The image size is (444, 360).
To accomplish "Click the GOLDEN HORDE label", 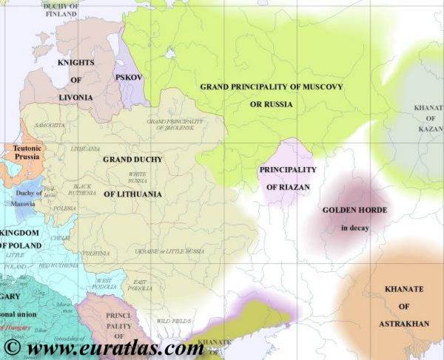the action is click(x=355, y=210).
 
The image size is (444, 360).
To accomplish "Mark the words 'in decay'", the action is click(x=355, y=228).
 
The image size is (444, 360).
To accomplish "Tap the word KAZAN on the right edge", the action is click(x=429, y=129).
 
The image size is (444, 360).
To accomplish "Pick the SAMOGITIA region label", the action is click(x=50, y=126).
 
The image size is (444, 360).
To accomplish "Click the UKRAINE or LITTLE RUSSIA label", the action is click(x=169, y=251).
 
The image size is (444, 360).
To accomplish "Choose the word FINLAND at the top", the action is click(x=62, y=13).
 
